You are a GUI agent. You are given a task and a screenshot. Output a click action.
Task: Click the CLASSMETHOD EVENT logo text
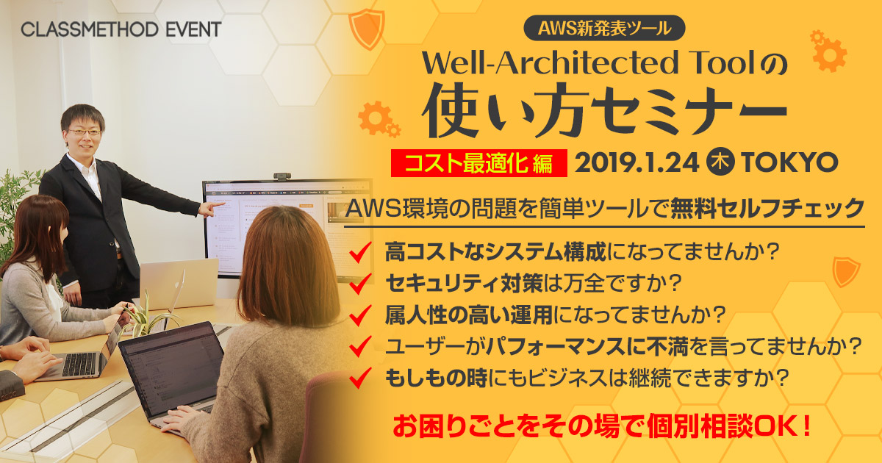(121, 29)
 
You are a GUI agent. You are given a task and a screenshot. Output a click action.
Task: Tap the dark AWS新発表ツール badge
(604, 28)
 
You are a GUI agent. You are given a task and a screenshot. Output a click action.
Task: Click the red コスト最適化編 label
(478, 163)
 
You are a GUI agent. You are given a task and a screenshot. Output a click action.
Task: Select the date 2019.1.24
(637, 162)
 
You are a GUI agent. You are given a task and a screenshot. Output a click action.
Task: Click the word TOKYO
(789, 162)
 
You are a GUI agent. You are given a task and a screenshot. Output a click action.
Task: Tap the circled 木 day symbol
(720, 162)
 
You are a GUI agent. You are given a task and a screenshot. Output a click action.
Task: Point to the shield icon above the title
(367, 29)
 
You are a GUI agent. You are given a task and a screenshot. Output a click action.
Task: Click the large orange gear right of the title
(829, 54)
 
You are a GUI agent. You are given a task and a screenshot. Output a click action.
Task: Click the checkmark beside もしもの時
(360, 378)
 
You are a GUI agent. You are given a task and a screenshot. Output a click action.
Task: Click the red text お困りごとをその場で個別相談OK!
(602, 426)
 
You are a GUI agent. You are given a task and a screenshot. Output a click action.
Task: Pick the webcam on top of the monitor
(282, 176)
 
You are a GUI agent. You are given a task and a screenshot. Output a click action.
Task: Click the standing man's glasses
(84, 132)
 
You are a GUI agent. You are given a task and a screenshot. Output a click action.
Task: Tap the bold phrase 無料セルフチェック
(767, 208)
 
